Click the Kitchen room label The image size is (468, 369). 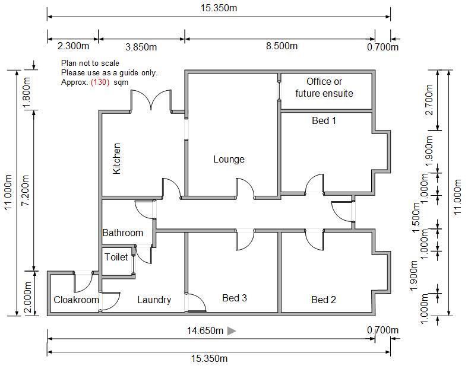pyautogui.click(x=117, y=158)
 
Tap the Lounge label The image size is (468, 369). pyautogui.click(x=229, y=159)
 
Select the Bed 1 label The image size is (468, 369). pyautogui.click(x=324, y=120)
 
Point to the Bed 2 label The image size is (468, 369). pyautogui.click(x=324, y=300)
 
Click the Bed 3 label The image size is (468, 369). pyautogui.click(x=235, y=298)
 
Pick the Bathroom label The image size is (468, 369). pyautogui.click(x=123, y=233)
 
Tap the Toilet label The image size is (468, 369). pyautogui.click(x=116, y=257)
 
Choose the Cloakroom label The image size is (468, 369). pyautogui.click(x=76, y=300)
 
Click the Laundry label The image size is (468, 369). pyautogui.click(x=154, y=300)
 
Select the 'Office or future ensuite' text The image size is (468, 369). pyautogui.click(x=324, y=87)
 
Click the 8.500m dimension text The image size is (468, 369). pyautogui.click(x=282, y=46)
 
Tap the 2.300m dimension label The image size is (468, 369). pyautogui.click(x=73, y=46)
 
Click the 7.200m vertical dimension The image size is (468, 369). pyautogui.click(x=24, y=190)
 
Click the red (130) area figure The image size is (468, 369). pyautogui.click(x=100, y=82)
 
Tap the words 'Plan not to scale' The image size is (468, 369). pyautogui.click(x=90, y=63)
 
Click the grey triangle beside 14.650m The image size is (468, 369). pyautogui.click(x=232, y=330)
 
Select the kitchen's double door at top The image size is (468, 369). pyautogui.click(x=151, y=100)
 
